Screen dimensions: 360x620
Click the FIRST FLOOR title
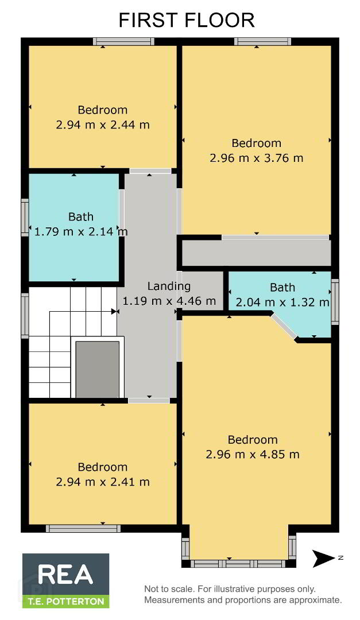click(187, 20)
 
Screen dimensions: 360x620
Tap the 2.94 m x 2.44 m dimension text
click(103, 125)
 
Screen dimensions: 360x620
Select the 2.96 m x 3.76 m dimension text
click(256, 158)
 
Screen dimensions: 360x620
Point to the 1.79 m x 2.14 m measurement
click(81, 231)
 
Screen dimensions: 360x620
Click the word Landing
click(169, 286)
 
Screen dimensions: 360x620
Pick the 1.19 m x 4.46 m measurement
click(169, 301)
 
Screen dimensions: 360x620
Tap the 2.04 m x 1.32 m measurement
click(282, 303)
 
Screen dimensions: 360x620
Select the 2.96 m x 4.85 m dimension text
click(253, 454)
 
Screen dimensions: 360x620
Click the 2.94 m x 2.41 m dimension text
click(103, 482)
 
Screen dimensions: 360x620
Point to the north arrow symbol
click(324, 559)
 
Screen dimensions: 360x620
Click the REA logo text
click(65, 575)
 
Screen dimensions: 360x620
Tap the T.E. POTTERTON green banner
click(65, 602)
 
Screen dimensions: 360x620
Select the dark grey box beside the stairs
click(97, 369)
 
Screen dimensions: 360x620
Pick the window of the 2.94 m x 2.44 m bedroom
click(124, 41)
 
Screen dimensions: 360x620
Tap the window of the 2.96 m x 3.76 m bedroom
click(263, 41)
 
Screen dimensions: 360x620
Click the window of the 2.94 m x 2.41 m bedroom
click(83, 528)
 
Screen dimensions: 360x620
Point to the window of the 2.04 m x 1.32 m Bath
click(335, 302)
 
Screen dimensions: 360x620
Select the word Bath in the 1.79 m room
click(81, 216)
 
